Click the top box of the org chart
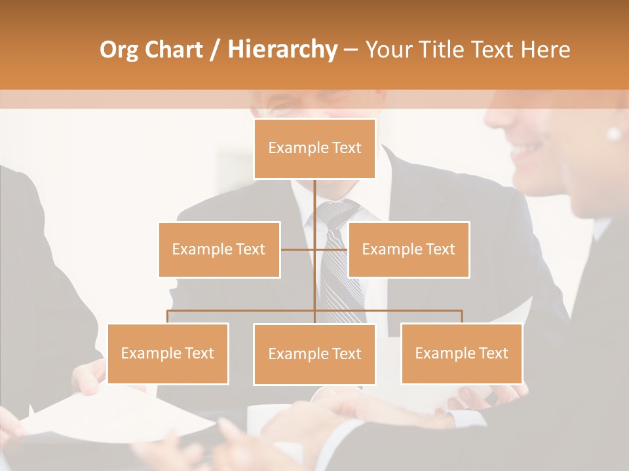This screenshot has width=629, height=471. (x=314, y=148)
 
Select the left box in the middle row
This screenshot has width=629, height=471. (x=219, y=249)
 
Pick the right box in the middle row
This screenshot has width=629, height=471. (x=408, y=249)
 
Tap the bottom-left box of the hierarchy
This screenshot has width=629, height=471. (x=168, y=353)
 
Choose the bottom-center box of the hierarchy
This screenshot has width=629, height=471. (x=314, y=354)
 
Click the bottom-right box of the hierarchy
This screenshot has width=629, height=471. (x=461, y=353)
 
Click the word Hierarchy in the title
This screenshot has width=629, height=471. (x=282, y=49)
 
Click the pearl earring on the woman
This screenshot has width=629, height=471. (x=614, y=133)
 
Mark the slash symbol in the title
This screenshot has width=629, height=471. (x=215, y=50)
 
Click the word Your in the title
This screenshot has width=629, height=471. (x=389, y=49)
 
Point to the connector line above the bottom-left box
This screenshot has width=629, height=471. (x=168, y=317)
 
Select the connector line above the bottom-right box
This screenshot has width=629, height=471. (x=462, y=317)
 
